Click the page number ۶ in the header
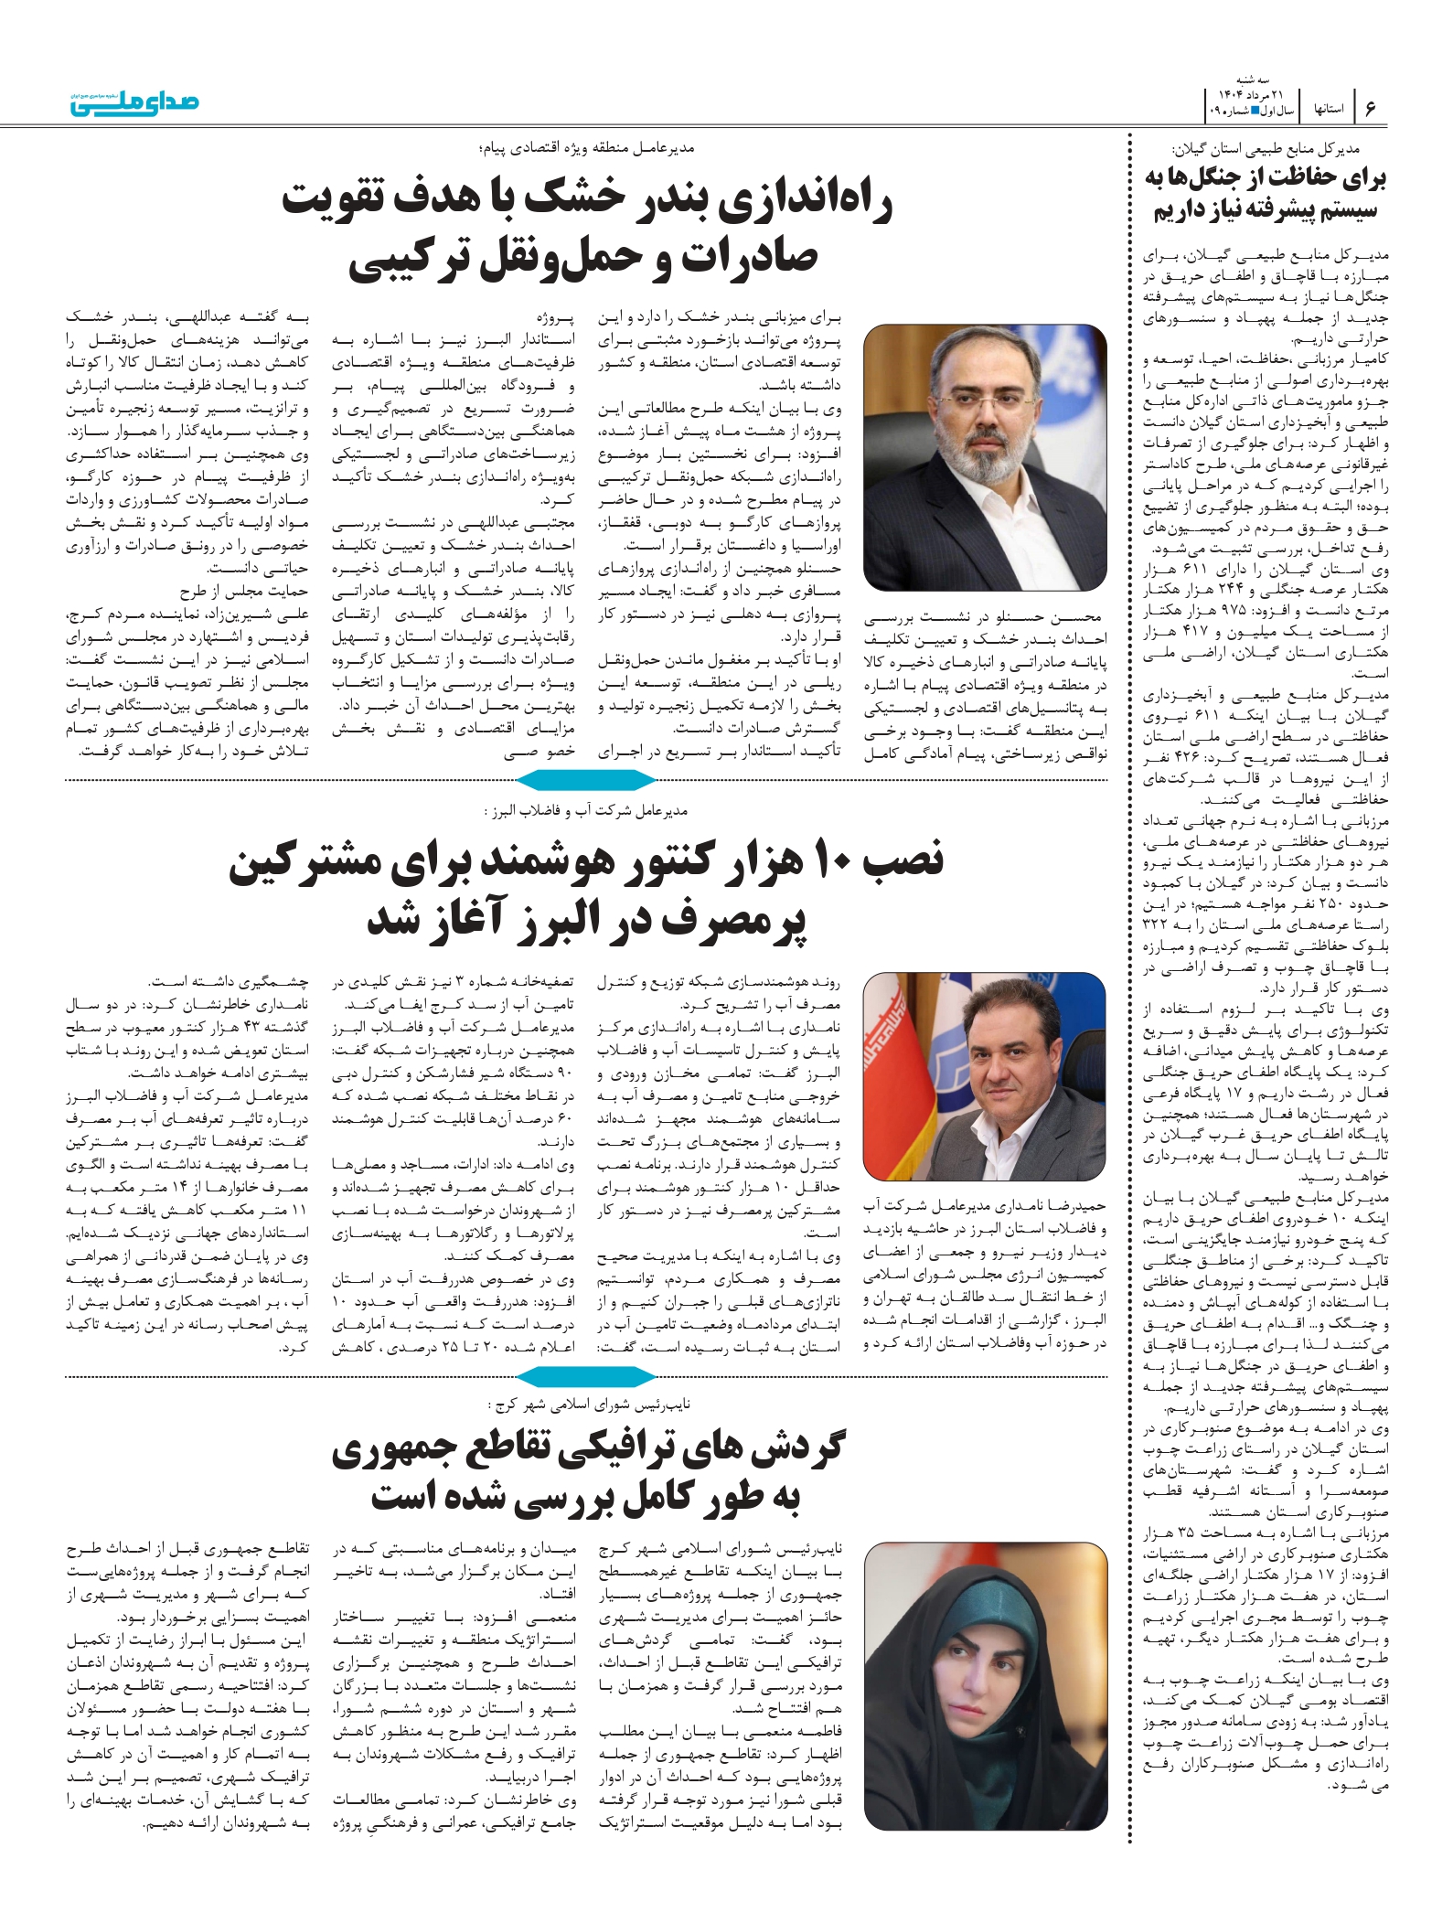point(1370,108)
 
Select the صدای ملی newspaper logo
point(135,103)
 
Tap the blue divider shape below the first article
point(586,780)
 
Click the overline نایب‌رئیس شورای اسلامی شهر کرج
point(589,1404)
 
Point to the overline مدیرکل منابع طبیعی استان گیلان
point(1266,148)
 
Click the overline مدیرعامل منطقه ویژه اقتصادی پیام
point(586,148)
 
